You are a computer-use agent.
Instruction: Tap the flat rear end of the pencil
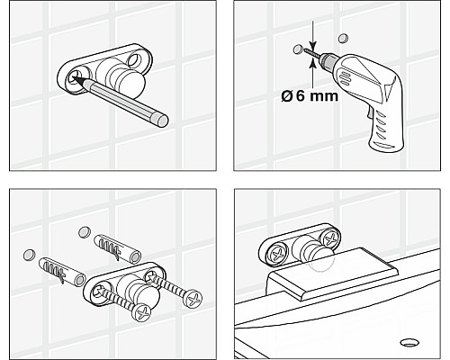[162, 121]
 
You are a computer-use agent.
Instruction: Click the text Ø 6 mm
[310, 96]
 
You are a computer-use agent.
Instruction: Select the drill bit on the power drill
[311, 53]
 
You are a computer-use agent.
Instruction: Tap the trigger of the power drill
[369, 114]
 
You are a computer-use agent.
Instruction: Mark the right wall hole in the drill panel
[343, 38]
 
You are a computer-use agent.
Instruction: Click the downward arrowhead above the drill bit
[312, 46]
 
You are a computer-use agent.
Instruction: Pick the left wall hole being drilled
[298, 49]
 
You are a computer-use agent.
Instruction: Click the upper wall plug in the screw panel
[117, 249]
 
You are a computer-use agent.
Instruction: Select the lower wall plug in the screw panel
[62, 272]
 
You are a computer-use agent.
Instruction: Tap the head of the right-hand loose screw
[193, 298]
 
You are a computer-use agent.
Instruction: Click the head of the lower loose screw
[142, 313]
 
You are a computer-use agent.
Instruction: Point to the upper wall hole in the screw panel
[85, 232]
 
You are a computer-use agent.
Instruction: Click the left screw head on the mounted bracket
[276, 254]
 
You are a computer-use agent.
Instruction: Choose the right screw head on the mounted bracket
[329, 238]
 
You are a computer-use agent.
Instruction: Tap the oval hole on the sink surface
[409, 342]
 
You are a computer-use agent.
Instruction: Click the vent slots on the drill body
[343, 76]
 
